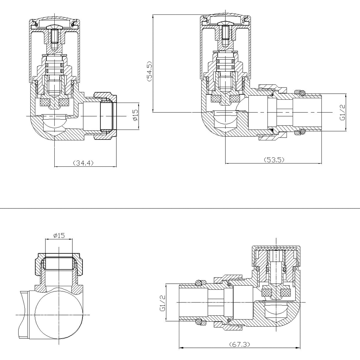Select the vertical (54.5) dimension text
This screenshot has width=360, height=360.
[x=149, y=72]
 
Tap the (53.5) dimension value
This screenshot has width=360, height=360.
[x=274, y=160]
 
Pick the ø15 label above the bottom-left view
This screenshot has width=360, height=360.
[x=59, y=235]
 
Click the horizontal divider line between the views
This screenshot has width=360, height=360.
[x=180, y=208]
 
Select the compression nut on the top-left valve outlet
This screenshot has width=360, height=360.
[x=105, y=116]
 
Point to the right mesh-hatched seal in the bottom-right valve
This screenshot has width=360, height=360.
[x=285, y=292]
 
